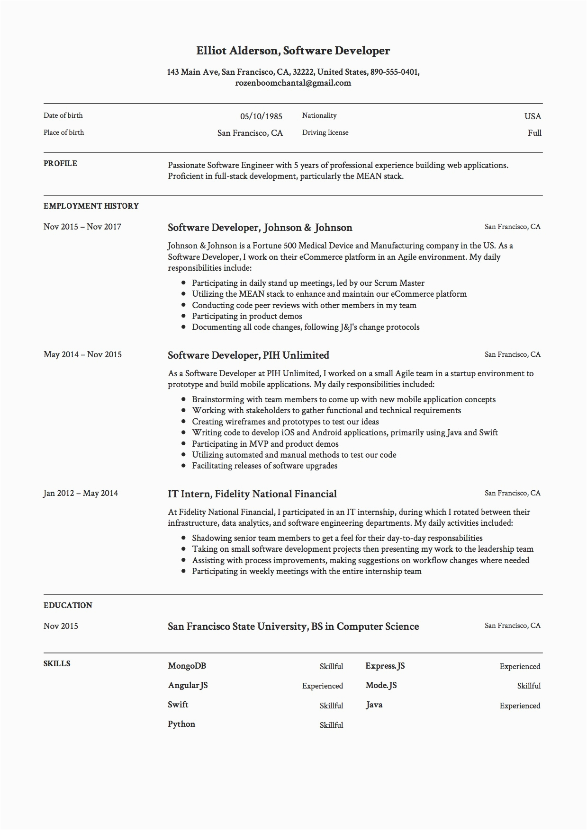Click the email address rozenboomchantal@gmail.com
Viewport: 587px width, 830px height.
[293, 83]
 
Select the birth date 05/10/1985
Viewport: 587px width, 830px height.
[261, 116]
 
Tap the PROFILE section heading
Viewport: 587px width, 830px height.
[60, 164]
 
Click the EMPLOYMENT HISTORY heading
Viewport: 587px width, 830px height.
[91, 206]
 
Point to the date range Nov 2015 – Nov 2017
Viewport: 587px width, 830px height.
[82, 227]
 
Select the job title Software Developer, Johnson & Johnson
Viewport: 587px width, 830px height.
[260, 228]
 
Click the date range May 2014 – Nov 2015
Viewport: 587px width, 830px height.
[82, 355]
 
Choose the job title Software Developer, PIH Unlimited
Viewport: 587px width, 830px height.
[248, 355]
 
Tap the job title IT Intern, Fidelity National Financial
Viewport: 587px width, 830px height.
[252, 494]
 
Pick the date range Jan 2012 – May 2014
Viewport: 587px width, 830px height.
[81, 494]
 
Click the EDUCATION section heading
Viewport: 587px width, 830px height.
[68, 606]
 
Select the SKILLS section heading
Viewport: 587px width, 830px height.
[57, 664]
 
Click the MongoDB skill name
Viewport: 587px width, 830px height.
[187, 666]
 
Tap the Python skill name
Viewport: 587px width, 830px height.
[181, 724]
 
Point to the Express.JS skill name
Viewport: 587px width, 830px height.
[385, 666]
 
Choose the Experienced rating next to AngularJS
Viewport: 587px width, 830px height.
[322, 686]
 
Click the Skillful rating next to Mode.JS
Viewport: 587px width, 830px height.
[529, 686]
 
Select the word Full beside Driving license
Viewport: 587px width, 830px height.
[534, 133]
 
